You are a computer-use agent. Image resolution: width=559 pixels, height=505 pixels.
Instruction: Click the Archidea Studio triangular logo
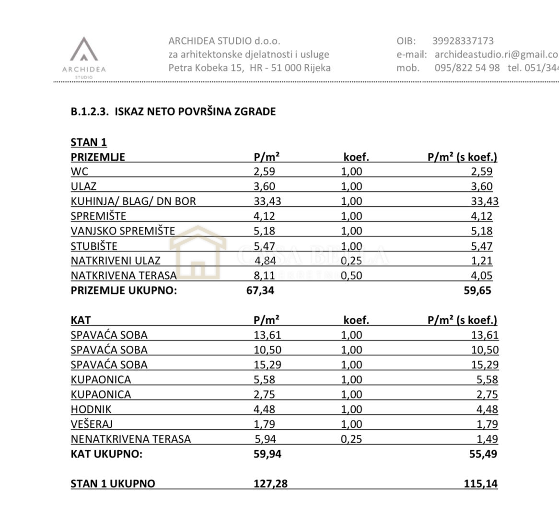84,50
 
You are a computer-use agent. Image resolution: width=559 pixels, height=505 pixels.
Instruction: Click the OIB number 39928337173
463,41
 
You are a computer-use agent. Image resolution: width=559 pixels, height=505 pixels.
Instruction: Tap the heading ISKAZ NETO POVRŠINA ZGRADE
195,111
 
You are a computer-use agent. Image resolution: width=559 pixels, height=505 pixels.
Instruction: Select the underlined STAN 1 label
89,142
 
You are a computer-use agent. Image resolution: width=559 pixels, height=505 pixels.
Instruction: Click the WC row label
80,171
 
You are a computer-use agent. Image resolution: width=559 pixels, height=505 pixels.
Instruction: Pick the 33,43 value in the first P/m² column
267,201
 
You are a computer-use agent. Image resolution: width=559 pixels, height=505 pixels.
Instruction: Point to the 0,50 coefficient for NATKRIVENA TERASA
351,275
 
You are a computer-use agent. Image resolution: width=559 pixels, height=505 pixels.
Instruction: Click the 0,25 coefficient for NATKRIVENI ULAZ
351,260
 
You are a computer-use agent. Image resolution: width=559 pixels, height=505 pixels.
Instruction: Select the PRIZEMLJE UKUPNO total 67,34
260,290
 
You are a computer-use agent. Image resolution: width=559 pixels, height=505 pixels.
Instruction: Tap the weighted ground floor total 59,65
477,290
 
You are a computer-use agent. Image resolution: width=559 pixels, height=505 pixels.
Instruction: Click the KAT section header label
81,320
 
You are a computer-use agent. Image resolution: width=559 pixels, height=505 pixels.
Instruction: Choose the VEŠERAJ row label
92,424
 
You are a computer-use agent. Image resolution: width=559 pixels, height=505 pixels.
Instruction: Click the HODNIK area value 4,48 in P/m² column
265,409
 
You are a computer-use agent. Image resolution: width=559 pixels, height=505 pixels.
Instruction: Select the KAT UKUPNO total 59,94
267,454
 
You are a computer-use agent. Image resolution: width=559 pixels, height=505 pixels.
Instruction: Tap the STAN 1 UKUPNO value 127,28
270,483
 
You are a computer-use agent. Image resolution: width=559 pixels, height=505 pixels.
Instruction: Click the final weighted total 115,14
481,483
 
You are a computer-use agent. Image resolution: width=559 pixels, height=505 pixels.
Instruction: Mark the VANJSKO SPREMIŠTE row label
123,231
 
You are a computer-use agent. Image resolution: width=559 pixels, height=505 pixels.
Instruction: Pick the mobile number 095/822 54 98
467,68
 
